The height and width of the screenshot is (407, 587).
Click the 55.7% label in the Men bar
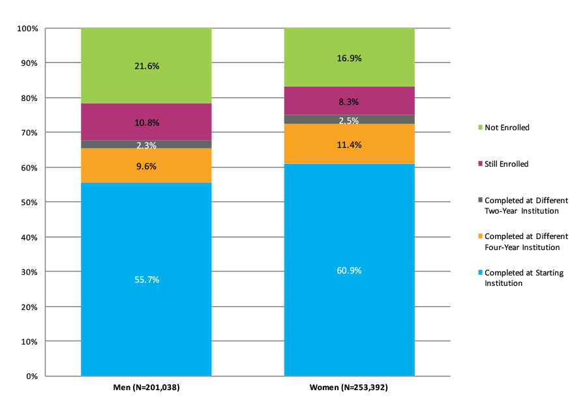point(146,279)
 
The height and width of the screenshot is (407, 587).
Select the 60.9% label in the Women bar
point(349,270)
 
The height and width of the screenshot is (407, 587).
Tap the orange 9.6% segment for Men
point(146,166)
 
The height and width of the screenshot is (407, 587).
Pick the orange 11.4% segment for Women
point(349,145)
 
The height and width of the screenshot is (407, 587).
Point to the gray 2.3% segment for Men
point(146,145)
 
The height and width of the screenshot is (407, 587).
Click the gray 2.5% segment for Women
point(349,119)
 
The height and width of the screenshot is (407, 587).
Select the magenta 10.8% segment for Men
point(146,122)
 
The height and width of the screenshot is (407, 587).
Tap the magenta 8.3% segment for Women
point(349,102)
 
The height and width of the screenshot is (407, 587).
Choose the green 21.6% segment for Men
point(146,66)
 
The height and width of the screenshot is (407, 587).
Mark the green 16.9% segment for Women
point(349,58)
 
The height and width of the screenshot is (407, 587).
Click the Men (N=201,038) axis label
point(146,387)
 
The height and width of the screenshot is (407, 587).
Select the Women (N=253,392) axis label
point(349,387)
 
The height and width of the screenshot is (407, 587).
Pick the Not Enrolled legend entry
point(506,128)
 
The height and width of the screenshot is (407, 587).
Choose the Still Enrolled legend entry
point(506,164)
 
